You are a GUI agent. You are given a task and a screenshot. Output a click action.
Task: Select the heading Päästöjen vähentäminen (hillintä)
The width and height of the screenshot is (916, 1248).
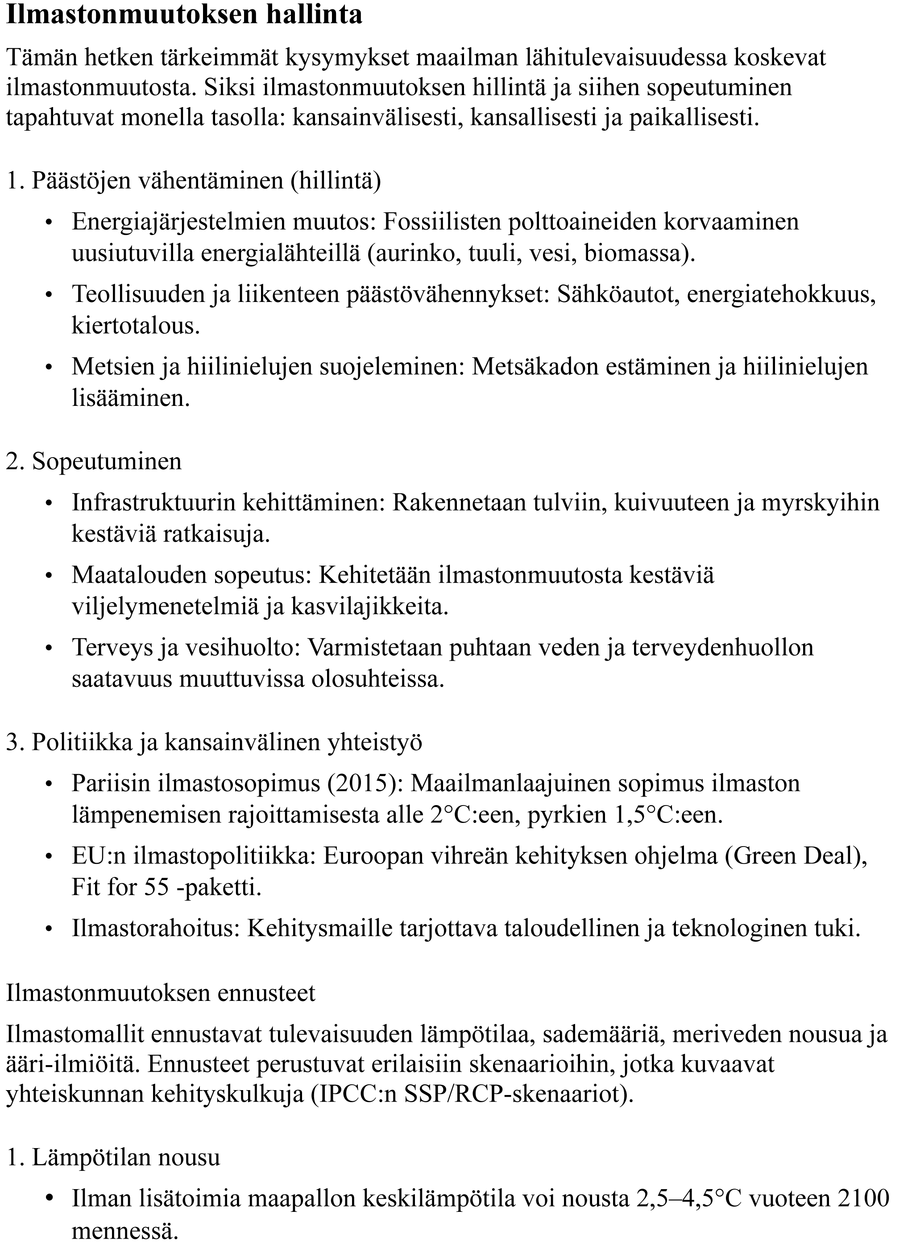[x=206, y=181]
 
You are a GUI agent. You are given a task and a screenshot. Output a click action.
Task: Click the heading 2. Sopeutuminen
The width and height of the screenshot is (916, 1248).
[x=94, y=461]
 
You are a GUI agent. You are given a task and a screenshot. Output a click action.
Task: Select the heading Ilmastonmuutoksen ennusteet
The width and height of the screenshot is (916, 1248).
[x=160, y=992]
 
